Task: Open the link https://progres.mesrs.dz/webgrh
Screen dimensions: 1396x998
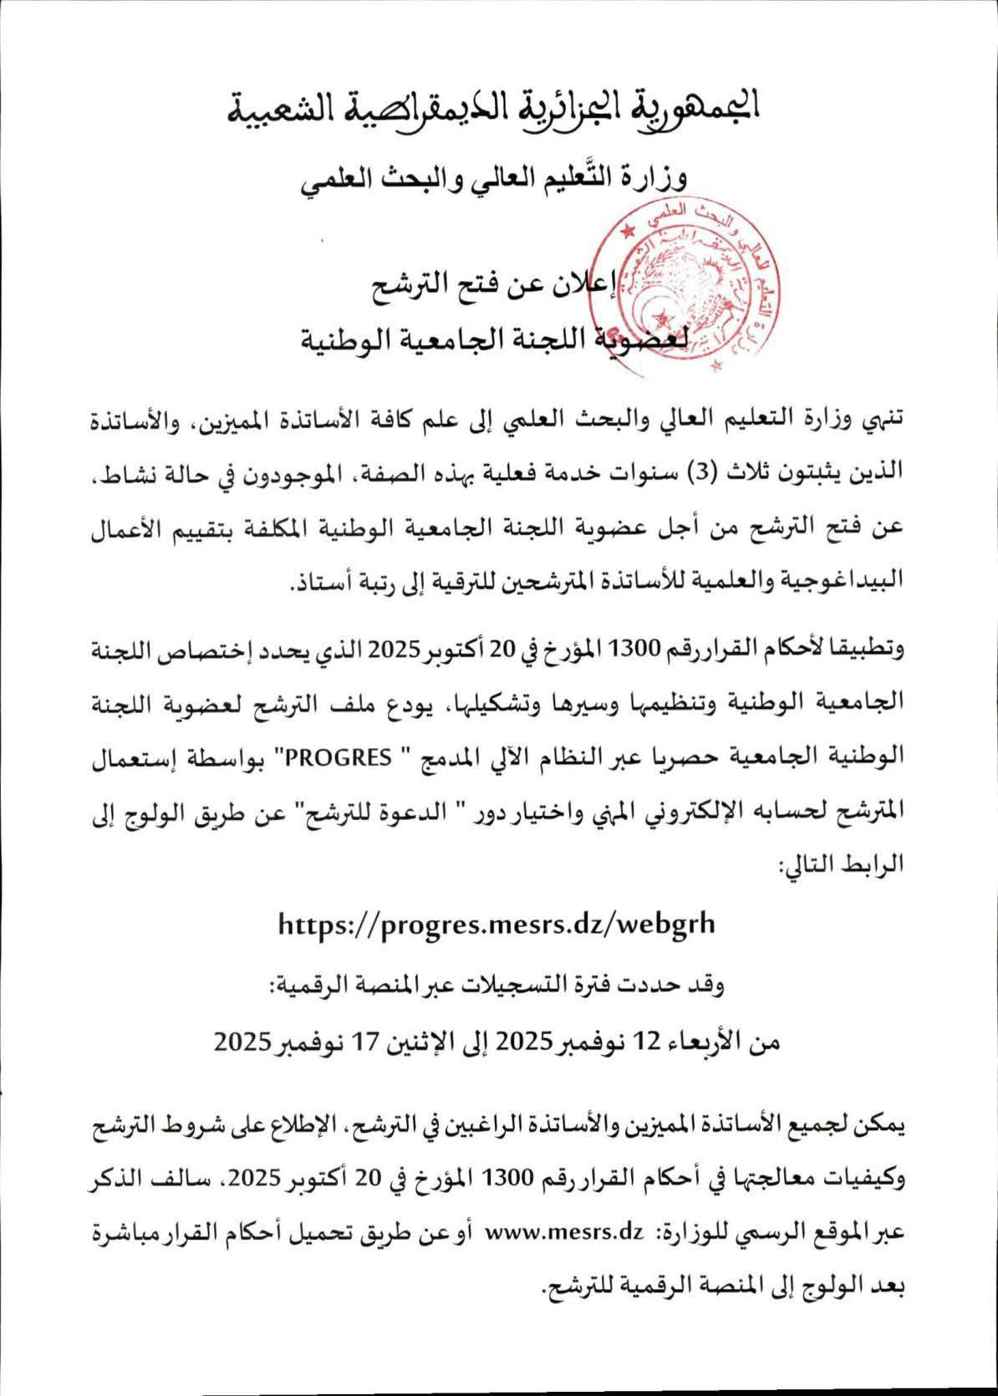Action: pyautogui.click(x=496, y=923)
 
